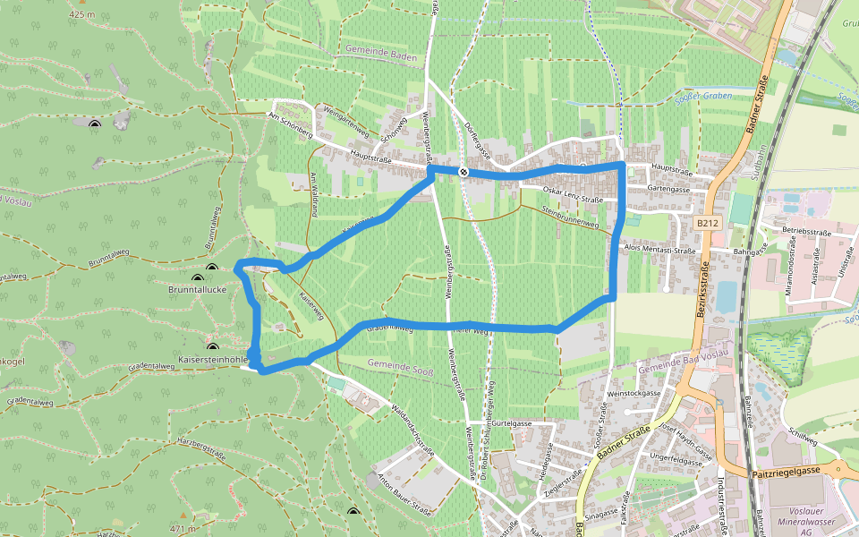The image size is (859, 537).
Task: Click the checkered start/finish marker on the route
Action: pos(463,172)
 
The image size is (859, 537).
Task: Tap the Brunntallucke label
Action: pos(202,290)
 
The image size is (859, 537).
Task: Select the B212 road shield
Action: pos(707,223)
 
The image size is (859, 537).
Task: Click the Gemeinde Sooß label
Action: pos(400,363)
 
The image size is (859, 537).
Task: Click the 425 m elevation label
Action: pos(81,15)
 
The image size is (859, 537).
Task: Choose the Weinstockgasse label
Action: pos(634,393)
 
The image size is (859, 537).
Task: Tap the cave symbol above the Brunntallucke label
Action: pos(212,268)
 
